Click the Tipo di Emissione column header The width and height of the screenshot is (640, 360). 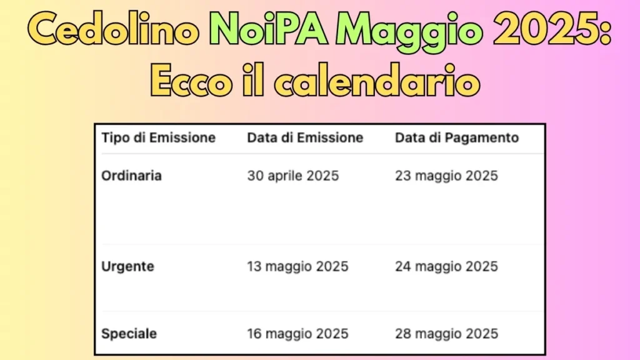(158, 137)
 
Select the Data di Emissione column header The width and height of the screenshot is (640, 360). (305, 137)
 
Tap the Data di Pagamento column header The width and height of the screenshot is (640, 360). (457, 137)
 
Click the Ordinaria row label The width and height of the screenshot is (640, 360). (131, 176)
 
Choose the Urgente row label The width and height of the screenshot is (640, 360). (127, 267)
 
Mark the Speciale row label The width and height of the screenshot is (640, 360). (129, 334)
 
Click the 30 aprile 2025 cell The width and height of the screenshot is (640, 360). (292, 176)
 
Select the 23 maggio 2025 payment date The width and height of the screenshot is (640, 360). (446, 176)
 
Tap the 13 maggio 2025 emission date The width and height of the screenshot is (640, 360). (297, 267)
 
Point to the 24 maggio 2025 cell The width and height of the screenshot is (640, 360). (446, 267)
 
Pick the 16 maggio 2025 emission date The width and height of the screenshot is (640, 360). (297, 334)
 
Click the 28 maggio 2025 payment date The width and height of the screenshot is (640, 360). (446, 334)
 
